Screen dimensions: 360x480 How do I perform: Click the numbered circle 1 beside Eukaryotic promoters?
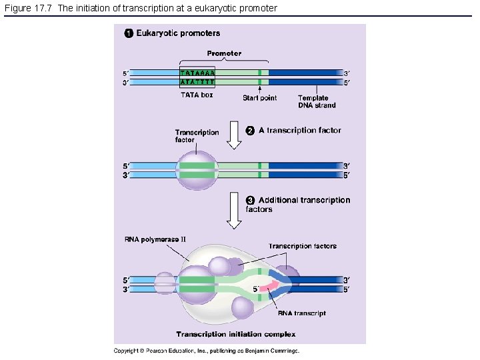point(129,33)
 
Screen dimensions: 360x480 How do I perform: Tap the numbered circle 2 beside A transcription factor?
point(251,130)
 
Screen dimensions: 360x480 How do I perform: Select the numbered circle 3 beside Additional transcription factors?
point(251,200)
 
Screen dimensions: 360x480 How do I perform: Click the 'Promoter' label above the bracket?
point(224,53)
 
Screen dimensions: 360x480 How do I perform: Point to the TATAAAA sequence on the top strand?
point(197,73)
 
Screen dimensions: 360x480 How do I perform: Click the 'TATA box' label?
point(197,95)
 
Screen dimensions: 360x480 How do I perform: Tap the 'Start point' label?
point(259,98)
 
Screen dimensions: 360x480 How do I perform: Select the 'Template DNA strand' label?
point(317,101)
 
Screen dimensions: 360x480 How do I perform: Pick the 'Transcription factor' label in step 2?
point(197,136)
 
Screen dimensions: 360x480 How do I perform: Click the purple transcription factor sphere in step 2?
point(197,171)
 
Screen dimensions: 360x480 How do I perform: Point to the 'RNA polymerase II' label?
point(155,239)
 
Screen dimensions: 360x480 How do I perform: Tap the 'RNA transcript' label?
point(301,313)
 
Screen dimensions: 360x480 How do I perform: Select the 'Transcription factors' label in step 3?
point(302,246)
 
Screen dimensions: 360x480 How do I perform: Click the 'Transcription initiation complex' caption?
point(235,334)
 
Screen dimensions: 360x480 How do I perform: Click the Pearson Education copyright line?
point(207,351)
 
